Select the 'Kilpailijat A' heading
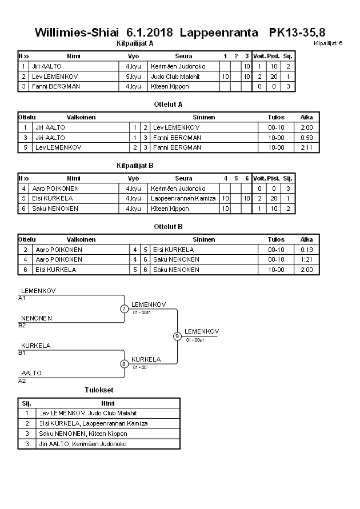point(134,43)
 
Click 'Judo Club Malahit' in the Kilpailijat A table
point(175,77)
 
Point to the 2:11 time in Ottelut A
point(307,147)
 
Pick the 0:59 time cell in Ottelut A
point(307,138)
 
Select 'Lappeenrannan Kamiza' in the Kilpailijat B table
point(183,199)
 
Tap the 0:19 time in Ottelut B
point(307,250)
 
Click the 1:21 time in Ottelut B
point(307,259)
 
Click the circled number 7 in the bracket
point(124,309)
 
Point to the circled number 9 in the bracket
point(177,336)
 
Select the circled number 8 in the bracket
point(124,363)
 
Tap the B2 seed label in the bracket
point(22,325)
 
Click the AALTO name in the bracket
point(31,373)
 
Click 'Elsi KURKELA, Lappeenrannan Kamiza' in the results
point(94,423)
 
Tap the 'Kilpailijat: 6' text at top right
point(328,43)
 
